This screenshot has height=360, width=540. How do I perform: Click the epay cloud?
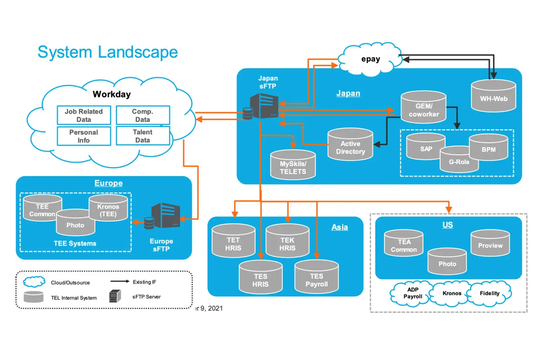tap(370, 59)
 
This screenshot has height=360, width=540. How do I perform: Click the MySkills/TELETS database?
tap(293, 166)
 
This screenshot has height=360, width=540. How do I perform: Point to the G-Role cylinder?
tap(459, 160)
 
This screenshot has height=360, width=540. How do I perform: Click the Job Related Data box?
tap(84, 115)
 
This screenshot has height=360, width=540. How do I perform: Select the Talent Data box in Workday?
tap(143, 136)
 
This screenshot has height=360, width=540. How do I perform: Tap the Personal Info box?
tap(84, 136)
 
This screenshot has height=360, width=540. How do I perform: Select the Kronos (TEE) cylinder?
tap(108, 208)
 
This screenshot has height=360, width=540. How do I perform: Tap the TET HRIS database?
tap(233, 242)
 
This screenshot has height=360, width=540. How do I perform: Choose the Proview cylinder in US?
tap(490, 244)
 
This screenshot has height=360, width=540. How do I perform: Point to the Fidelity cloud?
tap(490, 293)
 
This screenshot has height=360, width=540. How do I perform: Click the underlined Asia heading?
tap(339, 227)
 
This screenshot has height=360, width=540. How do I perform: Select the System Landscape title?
tap(108, 52)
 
